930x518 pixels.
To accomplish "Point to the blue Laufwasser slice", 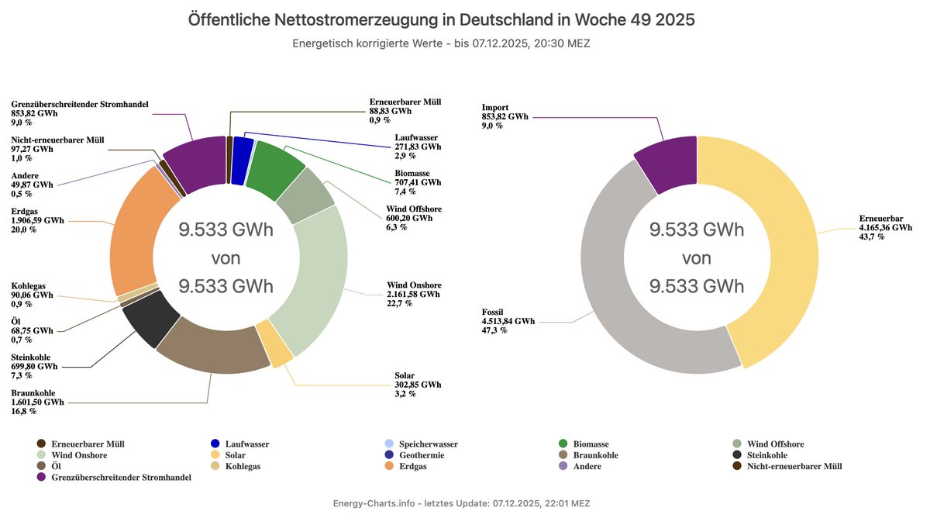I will tap(243, 150).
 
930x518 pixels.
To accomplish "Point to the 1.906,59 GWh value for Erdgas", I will tap(37, 220).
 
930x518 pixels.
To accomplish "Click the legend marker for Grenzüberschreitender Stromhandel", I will tap(41, 477).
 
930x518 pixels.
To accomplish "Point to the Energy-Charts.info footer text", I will tap(374, 504).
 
